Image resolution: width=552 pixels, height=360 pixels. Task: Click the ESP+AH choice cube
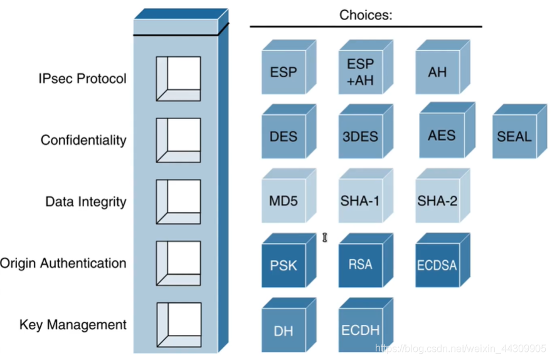366,67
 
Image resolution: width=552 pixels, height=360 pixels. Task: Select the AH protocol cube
442,67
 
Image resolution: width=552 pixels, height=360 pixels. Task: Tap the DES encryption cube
289,131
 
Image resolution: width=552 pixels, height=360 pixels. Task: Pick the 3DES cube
366,131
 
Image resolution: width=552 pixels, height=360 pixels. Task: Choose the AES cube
447,130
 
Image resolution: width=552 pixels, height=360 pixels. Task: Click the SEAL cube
519,131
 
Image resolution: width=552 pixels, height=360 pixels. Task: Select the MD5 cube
289,196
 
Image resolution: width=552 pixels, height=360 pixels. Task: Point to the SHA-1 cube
366,196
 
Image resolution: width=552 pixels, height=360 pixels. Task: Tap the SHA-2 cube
442,196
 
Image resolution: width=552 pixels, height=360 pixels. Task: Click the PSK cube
289,260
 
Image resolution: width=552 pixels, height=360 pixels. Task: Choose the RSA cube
366,260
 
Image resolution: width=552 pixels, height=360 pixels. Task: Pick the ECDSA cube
442,260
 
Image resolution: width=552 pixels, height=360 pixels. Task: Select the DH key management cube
289,325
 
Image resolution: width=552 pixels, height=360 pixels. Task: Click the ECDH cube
366,325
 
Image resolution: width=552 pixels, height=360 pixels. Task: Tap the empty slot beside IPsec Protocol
179,79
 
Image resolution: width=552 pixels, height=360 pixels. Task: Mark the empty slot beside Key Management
179,325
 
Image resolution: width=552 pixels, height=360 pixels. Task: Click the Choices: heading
366,15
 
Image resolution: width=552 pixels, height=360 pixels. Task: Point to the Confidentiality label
83,140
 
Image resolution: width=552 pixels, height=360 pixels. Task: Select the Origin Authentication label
63,263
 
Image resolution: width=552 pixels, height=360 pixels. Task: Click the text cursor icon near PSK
324,238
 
